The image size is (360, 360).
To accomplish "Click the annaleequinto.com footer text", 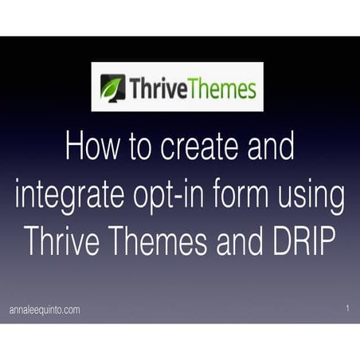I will tap(45, 310).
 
